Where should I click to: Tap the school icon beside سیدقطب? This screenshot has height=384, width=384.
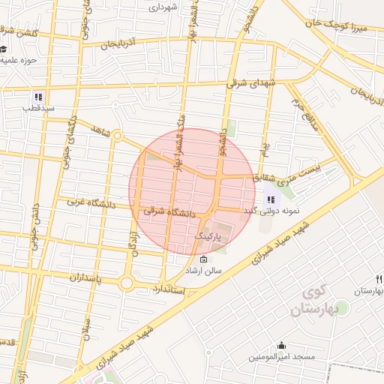pos(37,97)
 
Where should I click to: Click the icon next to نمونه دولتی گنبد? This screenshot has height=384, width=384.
pos(271,200)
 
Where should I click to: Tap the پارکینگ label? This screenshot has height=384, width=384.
pos(209,235)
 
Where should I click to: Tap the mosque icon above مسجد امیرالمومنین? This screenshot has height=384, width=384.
pos(281,346)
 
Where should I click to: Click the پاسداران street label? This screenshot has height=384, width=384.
pos(74,278)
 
